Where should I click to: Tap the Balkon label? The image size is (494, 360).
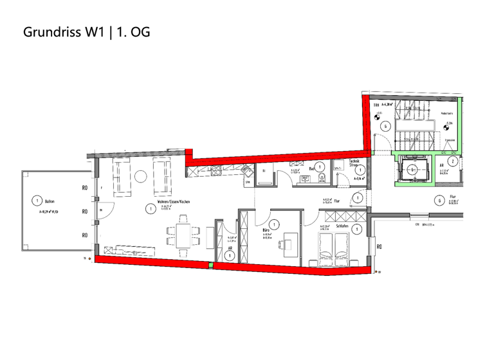(x=50, y=201)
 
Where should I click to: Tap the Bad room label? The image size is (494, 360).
(x=311, y=168)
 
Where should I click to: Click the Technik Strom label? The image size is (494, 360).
(x=354, y=163)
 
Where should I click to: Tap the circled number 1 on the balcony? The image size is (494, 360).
(x=37, y=201)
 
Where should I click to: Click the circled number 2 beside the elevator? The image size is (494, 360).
(x=452, y=161)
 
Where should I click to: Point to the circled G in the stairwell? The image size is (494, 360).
(x=385, y=126)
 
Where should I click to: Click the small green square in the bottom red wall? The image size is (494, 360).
(x=210, y=264)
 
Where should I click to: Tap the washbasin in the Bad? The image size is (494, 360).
(x=303, y=180)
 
